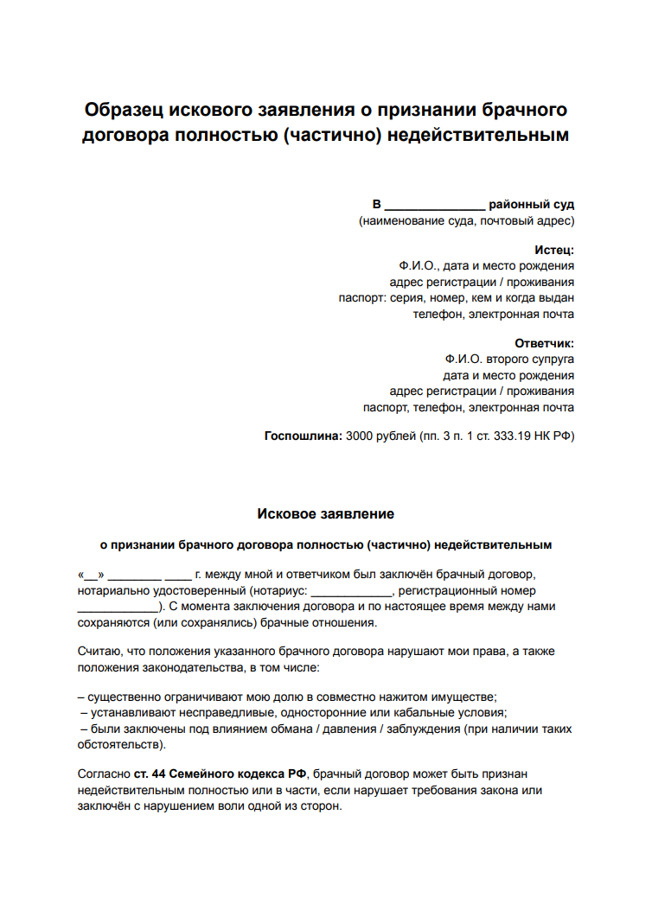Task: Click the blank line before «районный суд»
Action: (434, 206)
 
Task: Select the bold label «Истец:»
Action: (553, 251)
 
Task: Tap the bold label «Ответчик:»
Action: (544, 342)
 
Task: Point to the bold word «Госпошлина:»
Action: (303, 436)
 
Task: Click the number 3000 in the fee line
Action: (360, 436)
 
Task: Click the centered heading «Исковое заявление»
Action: (326, 514)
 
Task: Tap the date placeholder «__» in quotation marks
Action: (91, 574)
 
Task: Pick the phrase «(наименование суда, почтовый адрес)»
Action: (467, 221)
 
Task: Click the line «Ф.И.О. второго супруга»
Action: (509, 358)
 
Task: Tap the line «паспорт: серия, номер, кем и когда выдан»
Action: (456, 298)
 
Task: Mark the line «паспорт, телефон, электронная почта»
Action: (468, 408)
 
